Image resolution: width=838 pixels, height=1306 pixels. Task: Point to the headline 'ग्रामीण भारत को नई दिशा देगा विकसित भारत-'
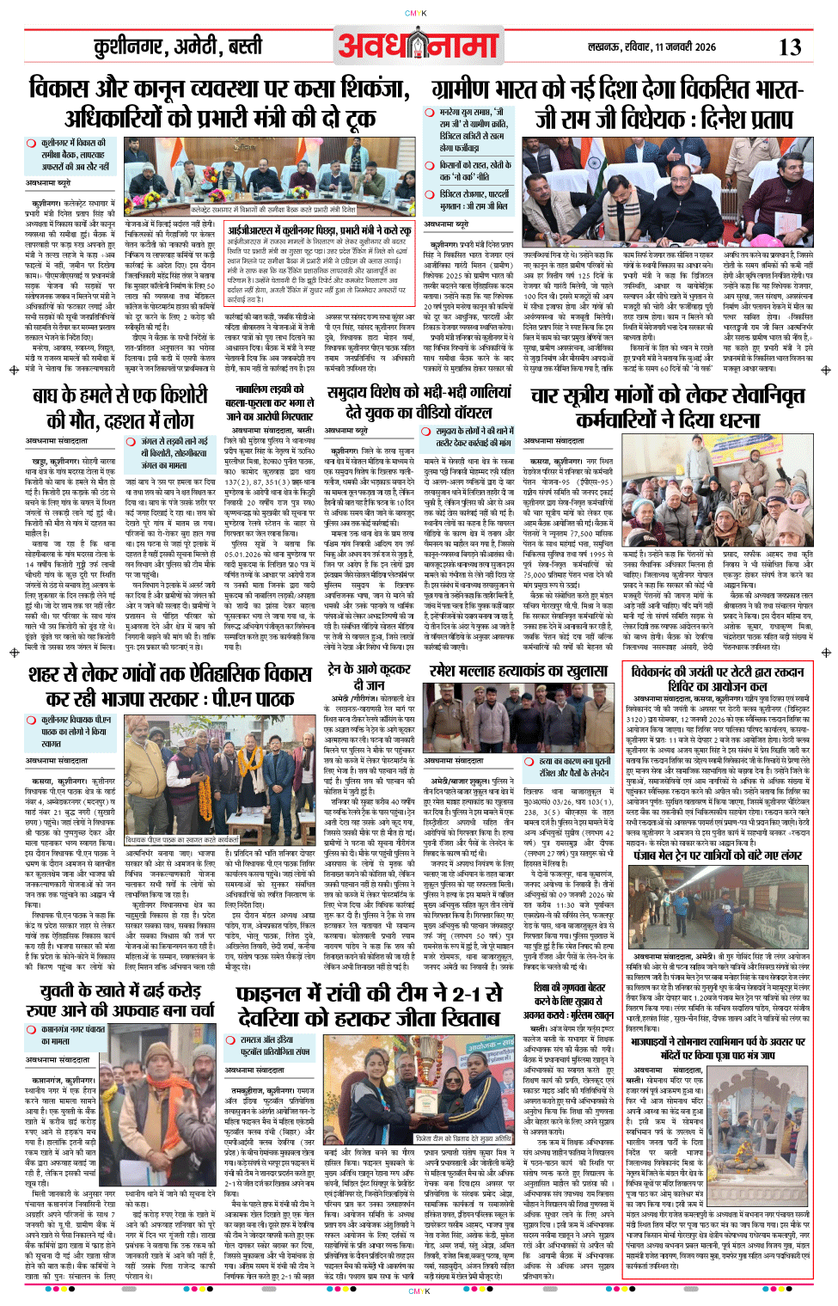(617, 89)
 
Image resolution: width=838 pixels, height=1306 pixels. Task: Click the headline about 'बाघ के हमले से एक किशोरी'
(120, 408)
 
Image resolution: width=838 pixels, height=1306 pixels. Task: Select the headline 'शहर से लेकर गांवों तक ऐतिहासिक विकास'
(168, 684)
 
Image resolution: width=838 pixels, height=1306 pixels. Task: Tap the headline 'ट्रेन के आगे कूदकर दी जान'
(370, 677)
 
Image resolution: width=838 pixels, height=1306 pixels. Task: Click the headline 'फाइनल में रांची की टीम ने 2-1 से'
(370, 1005)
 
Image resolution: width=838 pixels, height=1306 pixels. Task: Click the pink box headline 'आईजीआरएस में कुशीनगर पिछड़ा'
(319, 230)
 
